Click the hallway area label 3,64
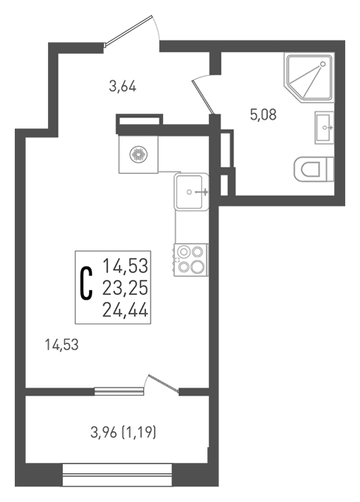[x=122, y=86]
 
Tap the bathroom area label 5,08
[x=263, y=114]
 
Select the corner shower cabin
[x=309, y=78]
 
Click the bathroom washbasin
[x=325, y=128]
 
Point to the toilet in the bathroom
[x=314, y=169]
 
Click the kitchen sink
[x=191, y=192]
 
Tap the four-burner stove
[x=191, y=260]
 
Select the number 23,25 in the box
[x=125, y=288]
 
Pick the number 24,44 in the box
[x=125, y=310]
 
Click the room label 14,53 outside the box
[x=62, y=345]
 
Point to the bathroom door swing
[x=202, y=94]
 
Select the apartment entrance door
[x=131, y=30]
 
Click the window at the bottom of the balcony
[x=117, y=475]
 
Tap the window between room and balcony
[x=119, y=391]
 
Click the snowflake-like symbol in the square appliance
[x=138, y=154]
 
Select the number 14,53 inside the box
[x=125, y=266]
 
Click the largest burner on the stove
[x=197, y=267]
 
